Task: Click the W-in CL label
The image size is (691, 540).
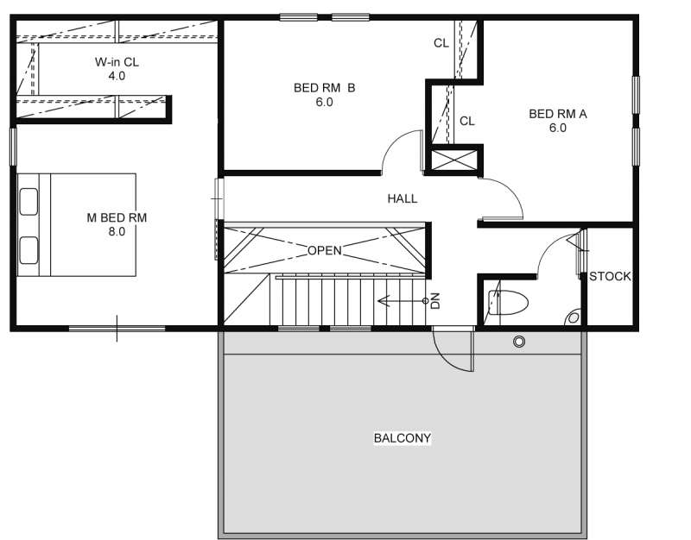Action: (117, 62)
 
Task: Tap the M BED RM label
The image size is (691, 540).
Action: (117, 217)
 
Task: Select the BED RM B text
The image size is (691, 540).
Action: (325, 88)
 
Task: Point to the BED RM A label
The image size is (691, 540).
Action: (558, 114)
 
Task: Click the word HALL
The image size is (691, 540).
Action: (403, 199)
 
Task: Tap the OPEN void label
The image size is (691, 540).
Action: (325, 250)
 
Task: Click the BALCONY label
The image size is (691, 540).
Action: (403, 438)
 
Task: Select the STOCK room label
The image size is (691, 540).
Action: (610, 276)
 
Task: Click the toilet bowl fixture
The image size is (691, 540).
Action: (508, 302)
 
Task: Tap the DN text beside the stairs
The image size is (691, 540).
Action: (435, 301)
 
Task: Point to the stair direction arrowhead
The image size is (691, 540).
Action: (383, 301)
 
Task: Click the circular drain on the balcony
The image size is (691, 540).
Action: (519, 342)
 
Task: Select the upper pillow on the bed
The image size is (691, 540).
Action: (29, 202)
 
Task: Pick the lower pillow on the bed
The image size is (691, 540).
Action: (29, 250)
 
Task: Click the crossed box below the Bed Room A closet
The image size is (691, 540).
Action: (454, 160)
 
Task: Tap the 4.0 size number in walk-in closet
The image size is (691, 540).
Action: (117, 76)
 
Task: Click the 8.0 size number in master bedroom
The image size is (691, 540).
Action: (117, 231)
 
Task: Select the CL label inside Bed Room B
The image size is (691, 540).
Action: (441, 43)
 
